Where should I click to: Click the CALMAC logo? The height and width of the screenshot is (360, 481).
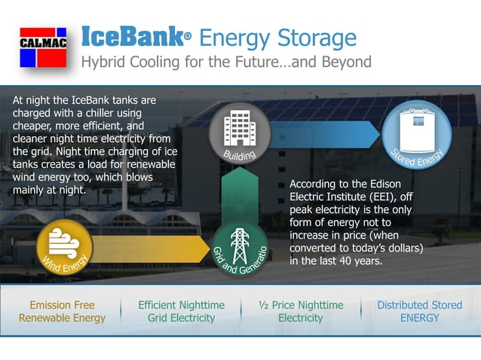tap(42, 47)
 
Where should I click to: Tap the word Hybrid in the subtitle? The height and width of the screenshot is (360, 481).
tap(103, 62)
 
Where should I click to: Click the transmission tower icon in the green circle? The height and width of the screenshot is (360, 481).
tap(240, 243)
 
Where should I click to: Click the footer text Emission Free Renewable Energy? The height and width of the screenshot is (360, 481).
tap(62, 311)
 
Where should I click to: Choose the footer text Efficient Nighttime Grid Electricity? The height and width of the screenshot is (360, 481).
tap(182, 311)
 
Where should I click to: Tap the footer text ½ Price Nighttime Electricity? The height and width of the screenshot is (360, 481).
tap(301, 311)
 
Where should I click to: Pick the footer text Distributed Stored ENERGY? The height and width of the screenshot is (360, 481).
tap(419, 311)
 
